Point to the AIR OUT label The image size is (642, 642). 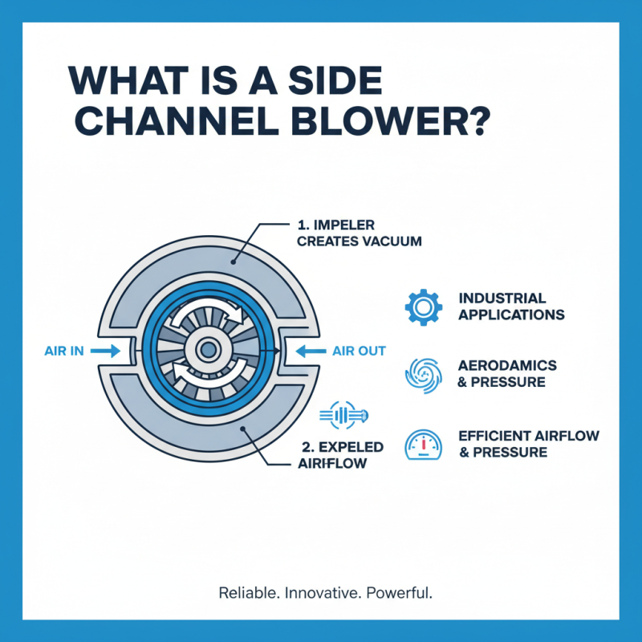pyautogui.click(x=359, y=351)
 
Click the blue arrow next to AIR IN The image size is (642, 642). pyautogui.click(x=105, y=351)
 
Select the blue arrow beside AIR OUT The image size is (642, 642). pyautogui.click(x=309, y=351)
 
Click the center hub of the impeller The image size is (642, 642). pyautogui.click(x=208, y=349)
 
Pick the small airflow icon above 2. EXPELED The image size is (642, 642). pyautogui.click(x=343, y=415)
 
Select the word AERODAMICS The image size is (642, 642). pyautogui.click(x=506, y=366)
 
